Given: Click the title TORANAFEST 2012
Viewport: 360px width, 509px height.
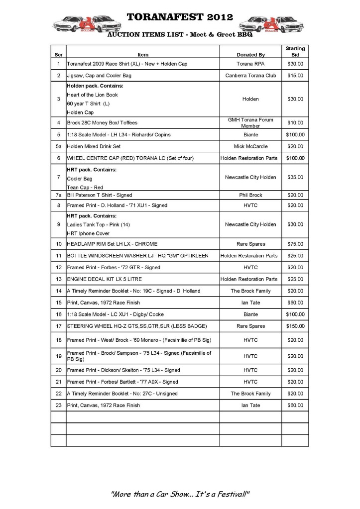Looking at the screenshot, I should coord(180,17).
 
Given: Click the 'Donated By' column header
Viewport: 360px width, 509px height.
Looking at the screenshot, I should coord(250,55).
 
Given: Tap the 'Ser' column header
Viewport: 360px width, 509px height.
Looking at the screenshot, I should coord(58,55).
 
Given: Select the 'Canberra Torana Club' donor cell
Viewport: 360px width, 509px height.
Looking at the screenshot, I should coord(250,76).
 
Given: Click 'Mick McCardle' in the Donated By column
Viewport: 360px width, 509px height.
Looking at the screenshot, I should coord(250,147).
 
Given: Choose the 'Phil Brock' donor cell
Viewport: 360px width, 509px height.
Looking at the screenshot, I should coord(250,195).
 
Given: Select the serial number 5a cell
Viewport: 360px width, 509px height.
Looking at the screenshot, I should coord(58,147).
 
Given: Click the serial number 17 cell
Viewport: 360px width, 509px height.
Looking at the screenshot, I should coord(58,326).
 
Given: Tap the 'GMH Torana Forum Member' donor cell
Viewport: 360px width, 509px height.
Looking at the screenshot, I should coord(250,123).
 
